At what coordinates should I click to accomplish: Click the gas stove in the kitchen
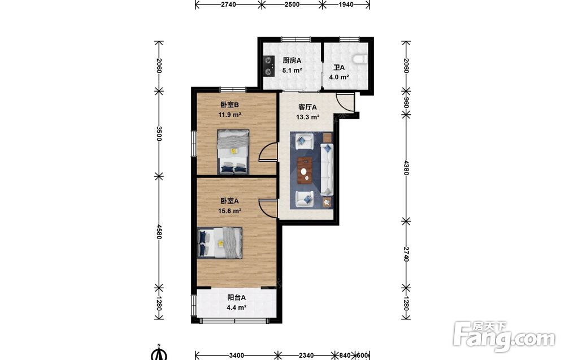(x=268, y=66)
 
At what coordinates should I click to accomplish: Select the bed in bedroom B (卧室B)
(x=233, y=151)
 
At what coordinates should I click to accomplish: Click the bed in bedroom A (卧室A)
(x=220, y=243)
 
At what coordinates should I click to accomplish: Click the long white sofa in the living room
(x=327, y=170)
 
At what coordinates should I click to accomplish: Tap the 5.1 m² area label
(x=292, y=71)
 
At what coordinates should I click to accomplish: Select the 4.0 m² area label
(x=338, y=77)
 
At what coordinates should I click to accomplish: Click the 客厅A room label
(x=307, y=107)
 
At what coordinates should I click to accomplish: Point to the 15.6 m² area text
(x=229, y=211)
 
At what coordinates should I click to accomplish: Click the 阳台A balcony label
(x=236, y=298)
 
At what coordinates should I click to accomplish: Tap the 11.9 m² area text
(x=229, y=115)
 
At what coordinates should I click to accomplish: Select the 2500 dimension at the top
(x=292, y=5)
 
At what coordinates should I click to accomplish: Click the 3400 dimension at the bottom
(x=237, y=355)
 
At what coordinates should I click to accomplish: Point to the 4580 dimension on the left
(x=159, y=232)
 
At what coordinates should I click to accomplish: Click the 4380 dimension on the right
(x=406, y=168)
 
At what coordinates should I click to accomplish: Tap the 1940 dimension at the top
(x=346, y=5)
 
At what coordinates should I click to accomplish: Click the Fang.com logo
(x=504, y=336)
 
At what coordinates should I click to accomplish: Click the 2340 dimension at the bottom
(x=306, y=355)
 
